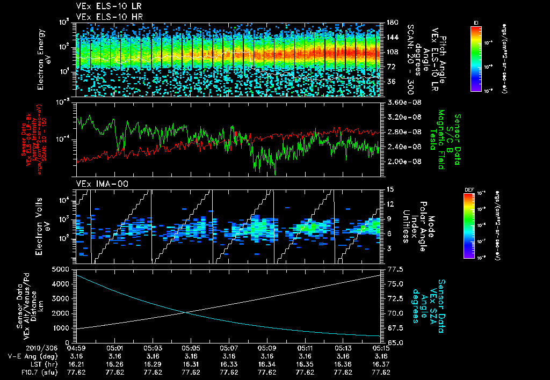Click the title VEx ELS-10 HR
tap(105, 16)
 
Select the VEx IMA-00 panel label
tap(97, 184)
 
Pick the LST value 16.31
tap(191, 363)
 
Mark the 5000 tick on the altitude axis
tap(62, 269)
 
